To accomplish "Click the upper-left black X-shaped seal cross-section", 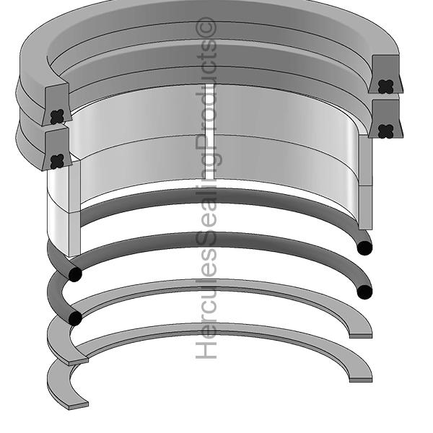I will [x=58, y=115].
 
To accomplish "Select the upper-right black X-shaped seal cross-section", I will [x=385, y=85].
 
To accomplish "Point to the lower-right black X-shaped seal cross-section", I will [x=387, y=131].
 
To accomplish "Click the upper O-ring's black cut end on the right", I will [x=364, y=248].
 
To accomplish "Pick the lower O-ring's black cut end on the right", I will [x=364, y=292].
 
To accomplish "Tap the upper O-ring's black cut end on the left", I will [x=74, y=275].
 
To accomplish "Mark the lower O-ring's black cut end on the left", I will [x=74, y=318].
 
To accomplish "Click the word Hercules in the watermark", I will [x=207, y=317].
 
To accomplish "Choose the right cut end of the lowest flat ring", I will [x=360, y=379].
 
